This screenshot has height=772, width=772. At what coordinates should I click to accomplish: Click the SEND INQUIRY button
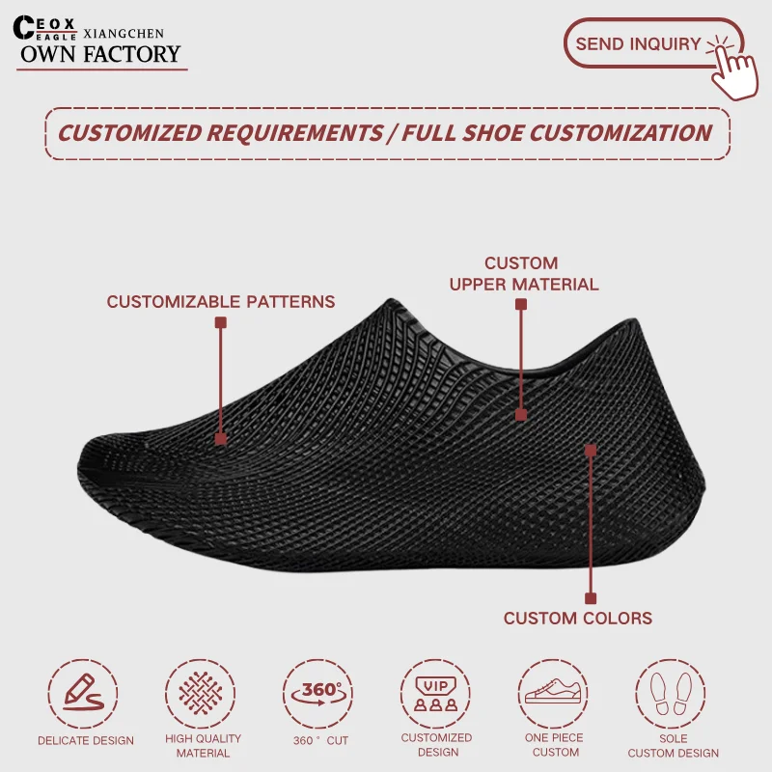(639, 43)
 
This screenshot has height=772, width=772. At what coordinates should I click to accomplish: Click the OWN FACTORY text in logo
(101, 54)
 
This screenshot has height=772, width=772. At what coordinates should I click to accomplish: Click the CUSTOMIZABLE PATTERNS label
(221, 302)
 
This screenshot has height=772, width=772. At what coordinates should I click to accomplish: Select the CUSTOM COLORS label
(577, 619)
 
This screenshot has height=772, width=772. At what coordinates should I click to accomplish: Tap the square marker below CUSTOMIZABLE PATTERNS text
(221, 322)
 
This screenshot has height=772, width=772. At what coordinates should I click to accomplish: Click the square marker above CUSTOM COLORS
(591, 598)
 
